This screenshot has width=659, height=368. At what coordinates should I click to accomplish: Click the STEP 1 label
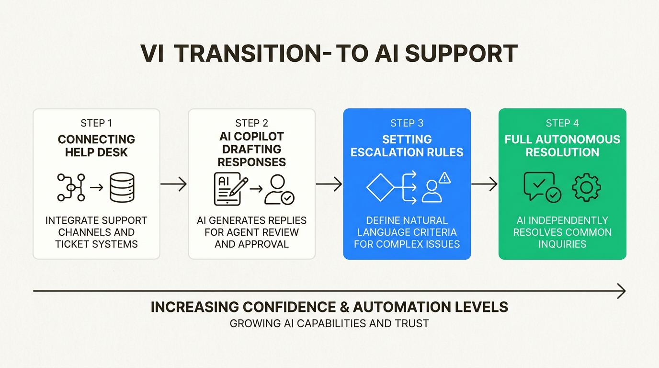click(x=96, y=123)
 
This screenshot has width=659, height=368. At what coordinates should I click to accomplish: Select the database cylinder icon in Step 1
click(x=122, y=187)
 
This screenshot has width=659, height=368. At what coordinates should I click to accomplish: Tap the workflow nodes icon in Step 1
click(x=71, y=187)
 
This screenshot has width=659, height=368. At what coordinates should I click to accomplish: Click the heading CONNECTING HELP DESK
click(x=96, y=146)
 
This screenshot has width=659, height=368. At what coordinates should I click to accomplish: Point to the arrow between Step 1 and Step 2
click(x=173, y=184)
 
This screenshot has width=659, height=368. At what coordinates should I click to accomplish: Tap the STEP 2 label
click(x=251, y=123)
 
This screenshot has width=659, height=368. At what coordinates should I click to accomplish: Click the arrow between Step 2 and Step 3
click(x=329, y=184)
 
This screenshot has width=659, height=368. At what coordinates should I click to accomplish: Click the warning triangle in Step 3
click(x=445, y=178)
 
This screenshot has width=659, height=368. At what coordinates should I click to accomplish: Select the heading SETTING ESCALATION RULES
click(x=407, y=146)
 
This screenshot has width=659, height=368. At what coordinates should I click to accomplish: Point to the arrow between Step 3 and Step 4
click(x=484, y=184)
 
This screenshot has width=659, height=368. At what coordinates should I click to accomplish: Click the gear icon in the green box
click(x=586, y=187)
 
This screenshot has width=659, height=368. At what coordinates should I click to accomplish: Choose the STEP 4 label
click(x=562, y=123)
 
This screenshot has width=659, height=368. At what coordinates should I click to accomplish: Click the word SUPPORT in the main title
click(x=461, y=54)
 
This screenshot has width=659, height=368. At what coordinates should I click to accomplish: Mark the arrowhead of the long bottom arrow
click(x=622, y=291)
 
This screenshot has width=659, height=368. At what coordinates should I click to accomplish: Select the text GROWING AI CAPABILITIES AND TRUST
click(x=329, y=323)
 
